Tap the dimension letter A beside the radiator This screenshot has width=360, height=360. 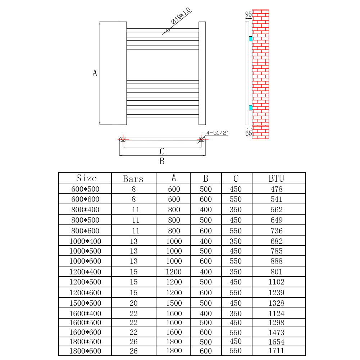tap(95, 73)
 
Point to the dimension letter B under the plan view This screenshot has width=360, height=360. tap(162, 161)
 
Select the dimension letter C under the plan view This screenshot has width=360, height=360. tap(162, 151)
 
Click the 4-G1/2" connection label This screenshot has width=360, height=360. tap(218, 133)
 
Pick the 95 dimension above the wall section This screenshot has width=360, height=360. tap(248, 14)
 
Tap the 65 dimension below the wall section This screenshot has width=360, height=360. tap(248, 133)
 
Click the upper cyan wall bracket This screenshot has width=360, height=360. tap(251, 38)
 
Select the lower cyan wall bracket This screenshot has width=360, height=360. tap(251, 107)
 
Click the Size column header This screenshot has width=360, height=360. tap(86, 178)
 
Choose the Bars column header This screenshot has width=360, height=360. tap(133, 179)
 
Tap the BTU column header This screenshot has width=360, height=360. tap(276, 178)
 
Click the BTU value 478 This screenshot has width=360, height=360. tap(276, 189)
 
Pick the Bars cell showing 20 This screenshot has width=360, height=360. tap(133, 303)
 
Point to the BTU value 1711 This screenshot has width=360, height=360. tap(276, 351)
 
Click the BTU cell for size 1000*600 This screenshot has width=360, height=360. tap(276, 261)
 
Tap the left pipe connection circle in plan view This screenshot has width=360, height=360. tap(123, 139)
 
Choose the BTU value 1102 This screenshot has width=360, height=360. tap(276, 282)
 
